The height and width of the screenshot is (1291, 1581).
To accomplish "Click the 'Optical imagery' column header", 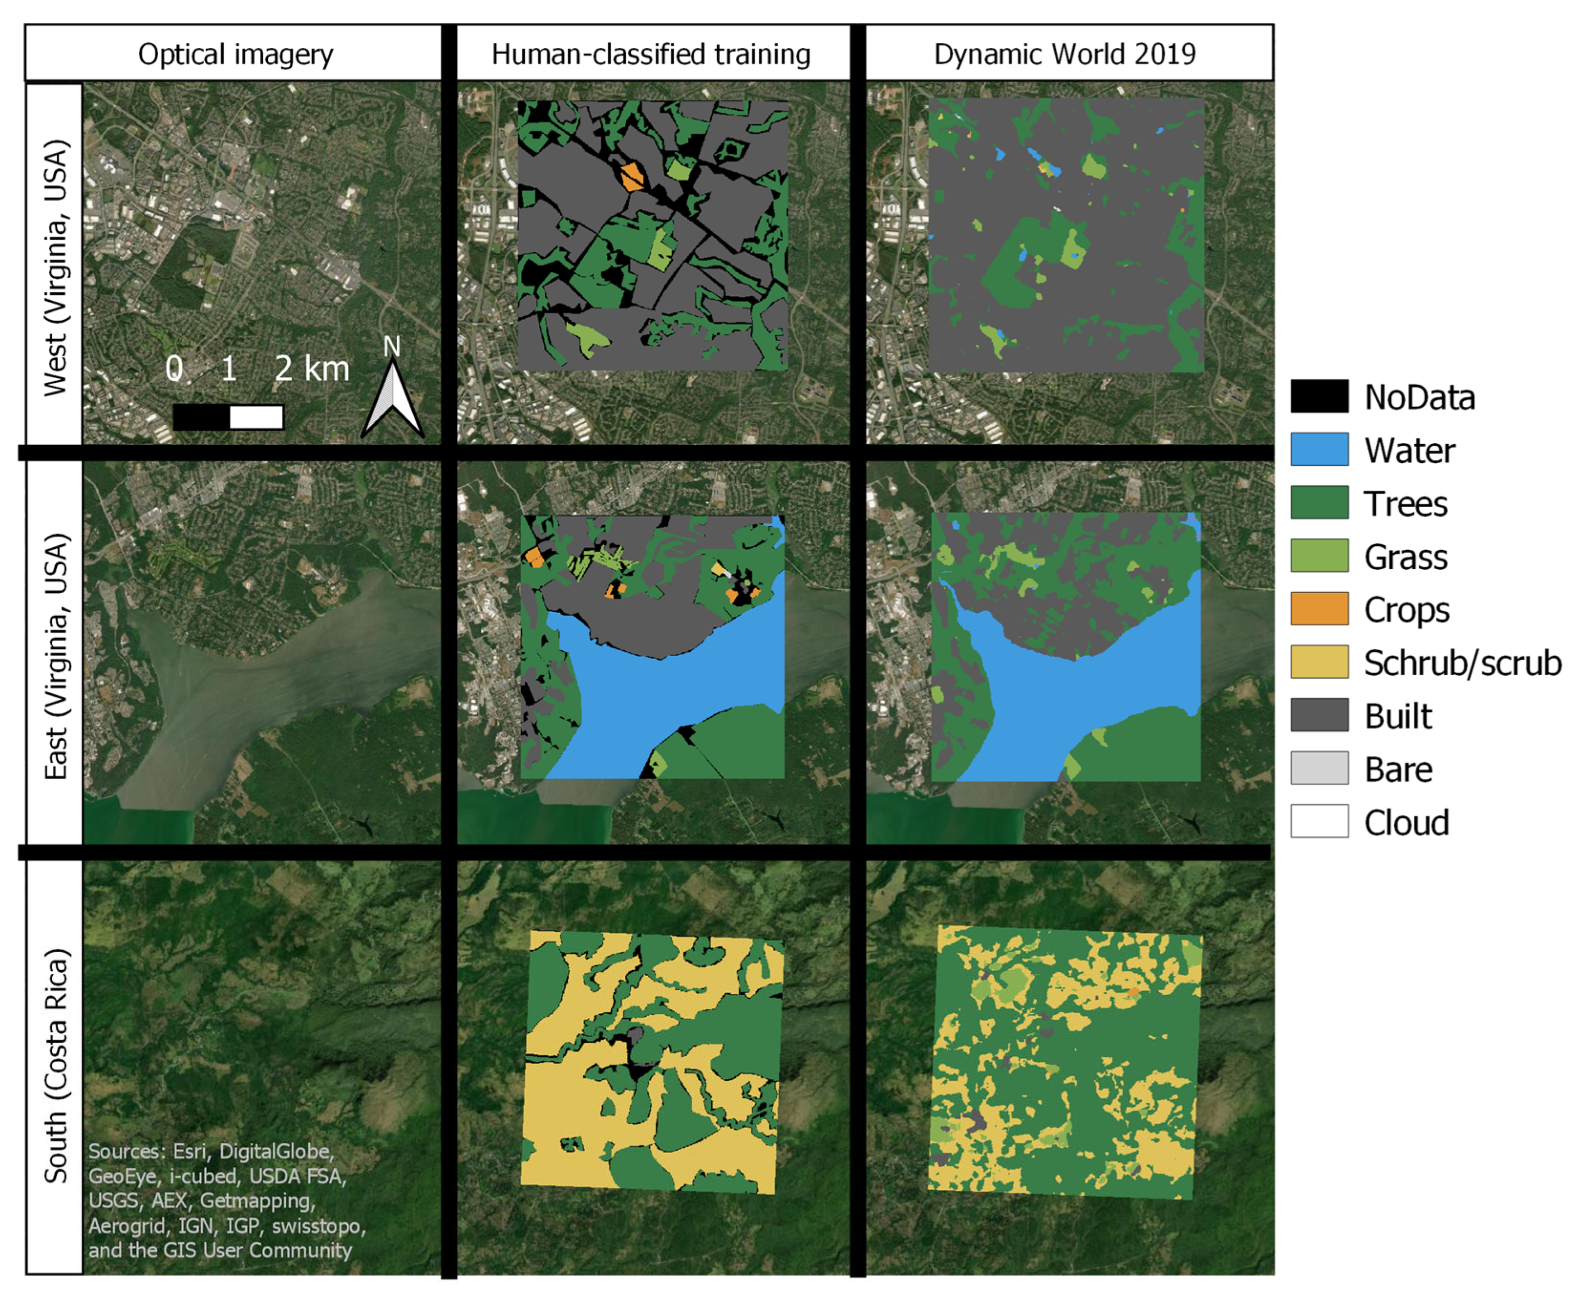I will [x=235, y=54].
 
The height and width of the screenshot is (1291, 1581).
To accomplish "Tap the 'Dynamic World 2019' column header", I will [x=1065, y=54].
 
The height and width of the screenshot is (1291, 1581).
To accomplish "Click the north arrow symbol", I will [x=393, y=398].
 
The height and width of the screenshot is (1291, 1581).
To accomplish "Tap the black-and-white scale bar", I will [x=228, y=417].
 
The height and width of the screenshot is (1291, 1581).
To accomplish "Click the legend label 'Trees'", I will [x=1405, y=503].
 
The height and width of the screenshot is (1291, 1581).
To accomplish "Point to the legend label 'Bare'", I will [x=1398, y=769].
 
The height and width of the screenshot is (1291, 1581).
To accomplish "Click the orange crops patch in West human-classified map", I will [x=632, y=177].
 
